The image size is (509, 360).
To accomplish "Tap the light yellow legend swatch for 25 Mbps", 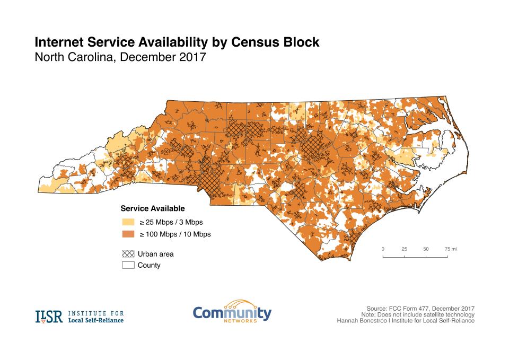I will click(x=128, y=222).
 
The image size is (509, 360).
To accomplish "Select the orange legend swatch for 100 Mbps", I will click(x=128, y=234).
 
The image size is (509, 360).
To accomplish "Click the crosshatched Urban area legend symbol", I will click(x=128, y=254).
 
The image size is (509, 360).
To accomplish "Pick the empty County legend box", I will click(x=128, y=265).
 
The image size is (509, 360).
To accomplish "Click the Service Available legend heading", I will click(x=153, y=208).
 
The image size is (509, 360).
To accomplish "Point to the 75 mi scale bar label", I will click(x=450, y=249).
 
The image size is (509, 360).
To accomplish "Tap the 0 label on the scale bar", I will click(x=383, y=249).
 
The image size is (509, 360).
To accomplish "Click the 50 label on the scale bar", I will click(x=426, y=249).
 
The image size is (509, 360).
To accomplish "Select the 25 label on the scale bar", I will click(x=405, y=249).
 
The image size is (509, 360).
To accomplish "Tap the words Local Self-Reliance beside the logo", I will click(x=95, y=320).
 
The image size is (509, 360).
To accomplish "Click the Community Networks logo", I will click(x=232, y=313).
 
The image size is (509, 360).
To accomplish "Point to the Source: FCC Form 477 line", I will click(x=420, y=308).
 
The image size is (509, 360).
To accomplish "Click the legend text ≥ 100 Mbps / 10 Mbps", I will click(x=175, y=234).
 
